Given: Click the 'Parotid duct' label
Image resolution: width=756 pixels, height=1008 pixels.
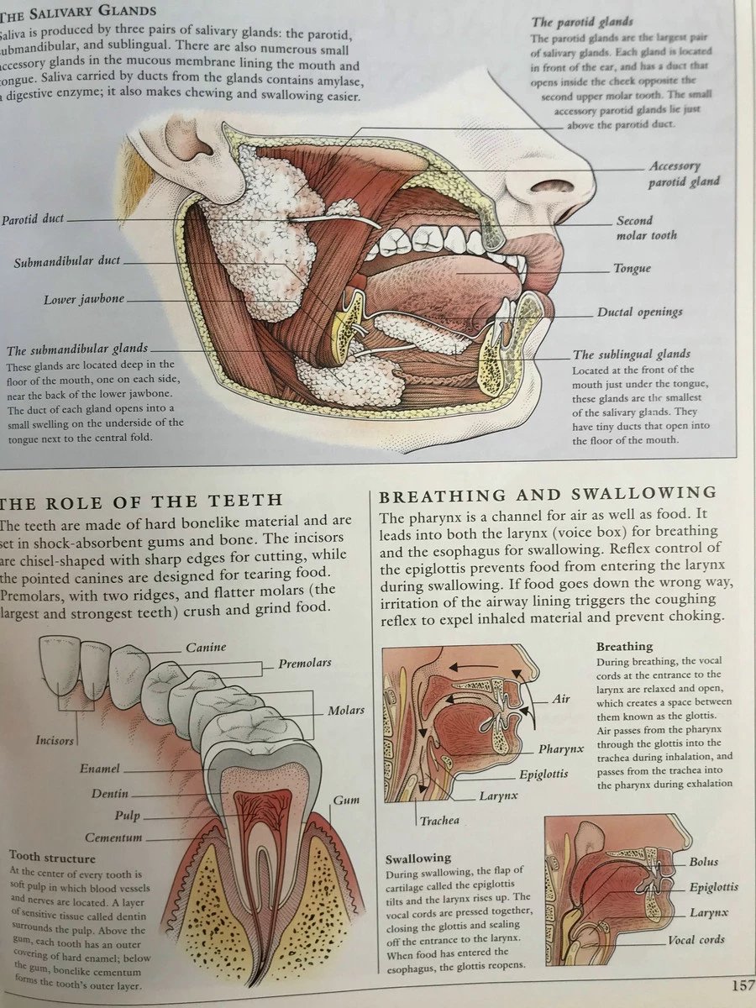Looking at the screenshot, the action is click(x=33, y=219).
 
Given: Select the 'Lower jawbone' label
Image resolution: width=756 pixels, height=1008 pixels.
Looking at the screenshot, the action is click(x=84, y=300).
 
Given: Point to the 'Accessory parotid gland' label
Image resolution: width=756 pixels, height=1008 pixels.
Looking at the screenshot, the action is click(x=685, y=174).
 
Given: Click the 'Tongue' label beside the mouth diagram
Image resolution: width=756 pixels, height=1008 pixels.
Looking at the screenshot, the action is click(x=632, y=269).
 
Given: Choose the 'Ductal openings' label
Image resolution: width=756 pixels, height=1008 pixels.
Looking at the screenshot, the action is click(x=640, y=312).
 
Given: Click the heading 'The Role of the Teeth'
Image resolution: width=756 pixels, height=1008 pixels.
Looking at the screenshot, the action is click(x=141, y=501).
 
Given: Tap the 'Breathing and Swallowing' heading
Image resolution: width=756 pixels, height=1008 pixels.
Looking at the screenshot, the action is click(x=548, y=493).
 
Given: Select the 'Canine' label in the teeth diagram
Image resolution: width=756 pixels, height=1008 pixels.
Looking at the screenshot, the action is click(x=206, y=648).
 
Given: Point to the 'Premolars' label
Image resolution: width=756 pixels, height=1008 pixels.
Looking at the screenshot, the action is click(x=305, y=663).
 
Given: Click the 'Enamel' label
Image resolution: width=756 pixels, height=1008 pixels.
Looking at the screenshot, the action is click(x=100, y=769).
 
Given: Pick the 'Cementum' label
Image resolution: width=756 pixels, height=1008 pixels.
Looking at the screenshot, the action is click(x=113, y=837).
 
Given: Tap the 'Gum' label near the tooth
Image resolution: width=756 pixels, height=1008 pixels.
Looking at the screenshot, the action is click(x=346, y=801).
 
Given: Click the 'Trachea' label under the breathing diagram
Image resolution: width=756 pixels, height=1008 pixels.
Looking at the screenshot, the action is click(x=440, y=820).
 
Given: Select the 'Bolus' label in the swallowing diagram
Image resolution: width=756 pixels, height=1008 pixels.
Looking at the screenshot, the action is click(x=704, y=862).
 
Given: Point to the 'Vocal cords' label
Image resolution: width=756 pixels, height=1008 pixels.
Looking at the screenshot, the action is click(x=696, y=940).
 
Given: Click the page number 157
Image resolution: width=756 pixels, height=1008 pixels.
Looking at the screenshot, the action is click(x=742, y=984).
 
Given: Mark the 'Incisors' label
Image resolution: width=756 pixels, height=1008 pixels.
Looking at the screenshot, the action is click(x=55, y=741).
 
